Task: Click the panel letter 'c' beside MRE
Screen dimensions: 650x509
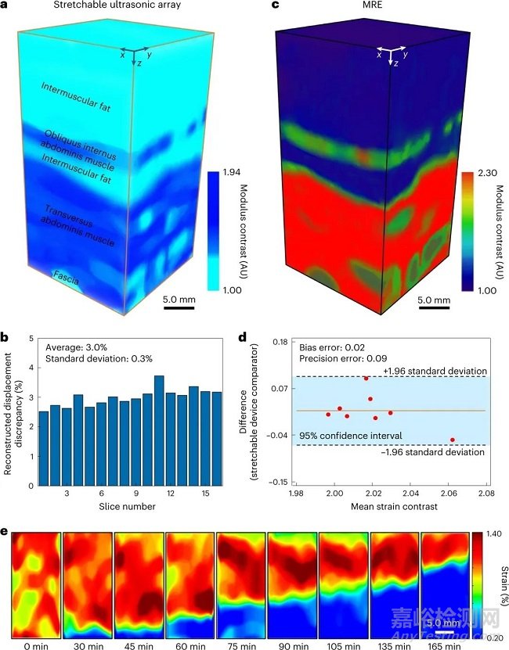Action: point(274,9)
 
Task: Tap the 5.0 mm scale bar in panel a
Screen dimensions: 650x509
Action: point(179,307)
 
